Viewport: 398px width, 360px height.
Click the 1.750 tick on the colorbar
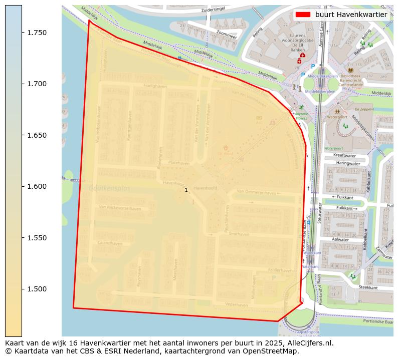coord(22,33)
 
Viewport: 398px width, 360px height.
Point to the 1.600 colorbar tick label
coord(37,186)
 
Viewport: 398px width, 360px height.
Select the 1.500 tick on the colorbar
coord(22,289)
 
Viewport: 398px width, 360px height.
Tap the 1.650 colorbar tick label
coord(37,135)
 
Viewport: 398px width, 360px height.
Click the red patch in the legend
coord(303,15)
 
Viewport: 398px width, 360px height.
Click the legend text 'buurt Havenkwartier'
coord(351,15)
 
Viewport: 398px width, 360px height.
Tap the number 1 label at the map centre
coord(186,190)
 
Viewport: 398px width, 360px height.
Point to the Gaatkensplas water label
coord(109,189)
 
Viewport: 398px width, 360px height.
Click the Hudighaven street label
coord(155,87)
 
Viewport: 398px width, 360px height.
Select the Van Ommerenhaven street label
coord(257,192)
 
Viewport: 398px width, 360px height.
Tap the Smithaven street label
coord(239,234)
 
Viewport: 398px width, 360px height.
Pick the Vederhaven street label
coord(237,304)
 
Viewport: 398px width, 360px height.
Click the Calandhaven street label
coord(110,243)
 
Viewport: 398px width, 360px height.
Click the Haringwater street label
coord(348,163)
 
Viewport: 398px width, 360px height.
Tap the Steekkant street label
coord(368,287)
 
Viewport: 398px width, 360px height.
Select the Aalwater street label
coord(340,240)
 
